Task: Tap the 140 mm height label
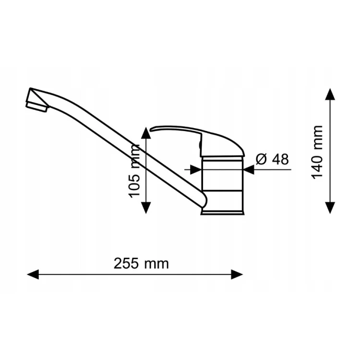(x=317, y=152)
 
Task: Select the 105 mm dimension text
(x=134, y=171)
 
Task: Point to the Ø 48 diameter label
(x=272, y=159)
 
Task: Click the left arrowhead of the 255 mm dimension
(x=33, y=275)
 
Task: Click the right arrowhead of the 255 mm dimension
(x=237, y=275)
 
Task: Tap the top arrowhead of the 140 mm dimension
(x=330, y=94)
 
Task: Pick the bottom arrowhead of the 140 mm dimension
(x=330, y=208)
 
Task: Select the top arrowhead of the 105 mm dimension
(x=146, y=133)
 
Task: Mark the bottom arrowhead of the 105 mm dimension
(x=146, y=208)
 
